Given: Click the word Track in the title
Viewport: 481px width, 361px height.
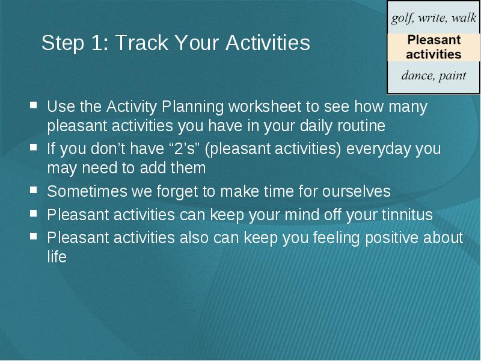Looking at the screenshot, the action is click(142, 42).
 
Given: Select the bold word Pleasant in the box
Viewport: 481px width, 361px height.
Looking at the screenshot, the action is click(434, 40).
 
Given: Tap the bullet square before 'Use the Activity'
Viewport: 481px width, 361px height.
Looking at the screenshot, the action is click(34, 106).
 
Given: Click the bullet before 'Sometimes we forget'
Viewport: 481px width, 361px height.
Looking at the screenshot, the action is click(34, 190).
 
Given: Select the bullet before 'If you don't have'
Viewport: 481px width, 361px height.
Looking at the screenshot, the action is click(34, 147).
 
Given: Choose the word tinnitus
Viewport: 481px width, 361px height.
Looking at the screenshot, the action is click(407, 215).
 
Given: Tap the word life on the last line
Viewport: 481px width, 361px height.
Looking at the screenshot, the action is click(57, 257).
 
